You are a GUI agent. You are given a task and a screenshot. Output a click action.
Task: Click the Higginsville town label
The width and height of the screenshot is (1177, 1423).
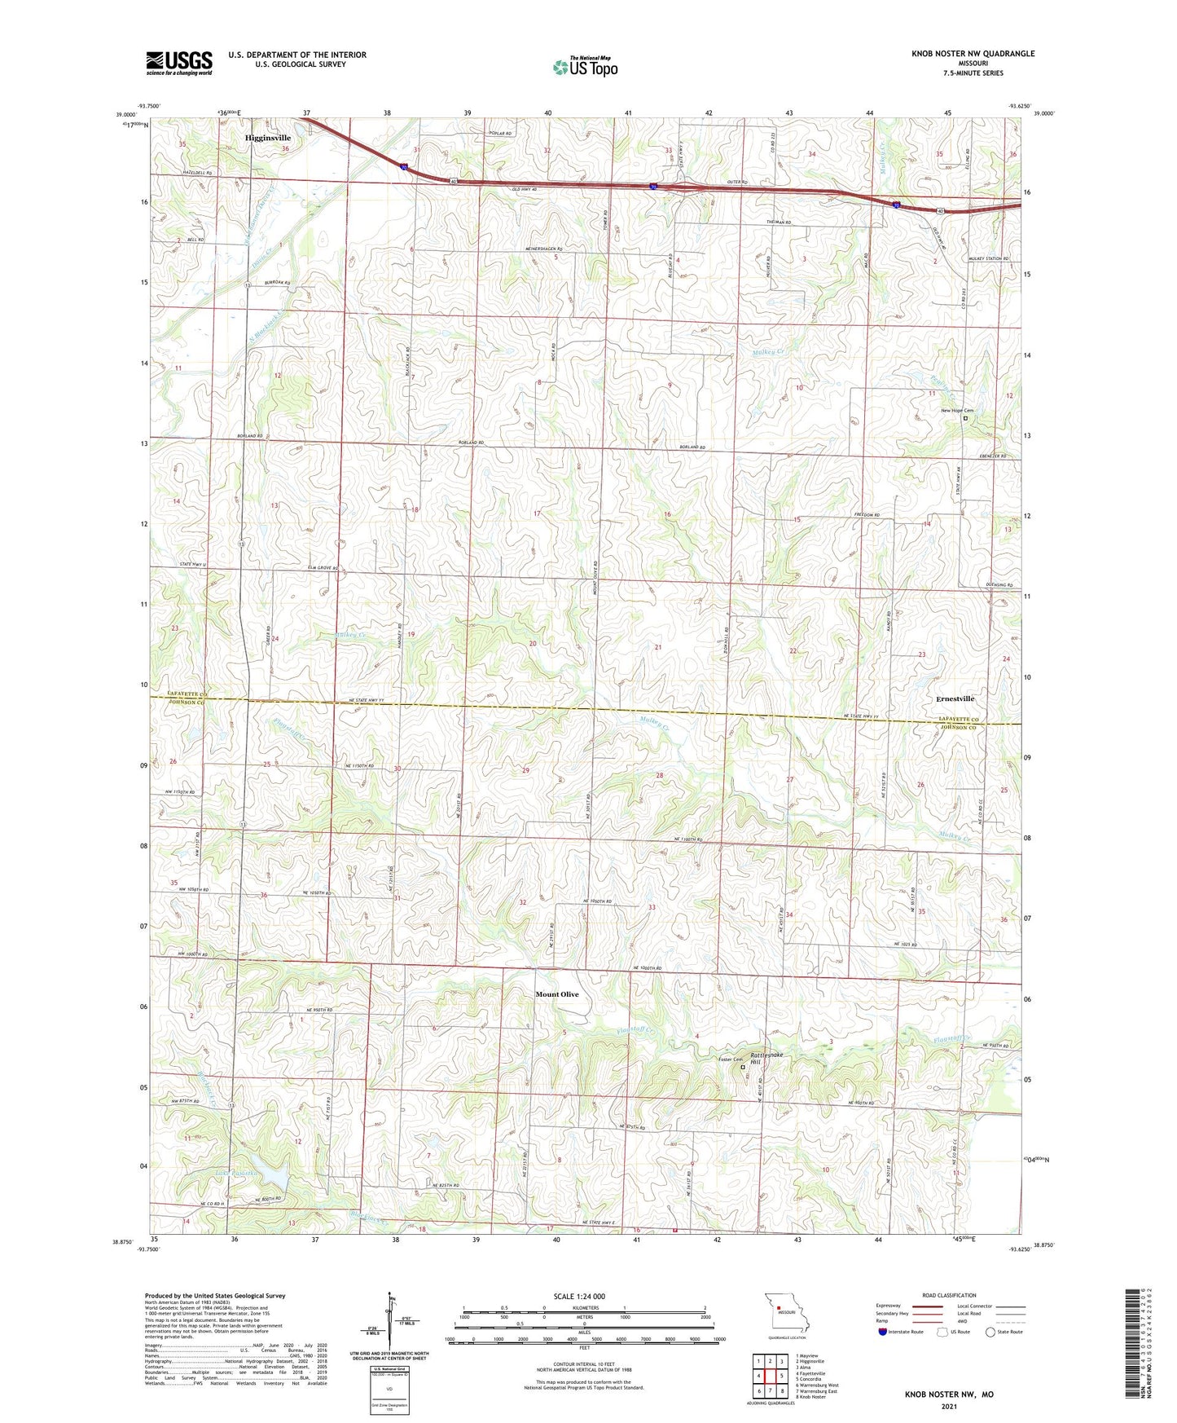pyautogui.click(x=267, y=138)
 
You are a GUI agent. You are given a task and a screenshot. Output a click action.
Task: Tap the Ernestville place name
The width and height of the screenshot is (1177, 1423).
pyautogui.click(x=953, y=698)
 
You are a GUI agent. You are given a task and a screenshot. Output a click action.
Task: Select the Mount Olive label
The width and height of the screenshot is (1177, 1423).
pyautogui.click(x=557, y=994)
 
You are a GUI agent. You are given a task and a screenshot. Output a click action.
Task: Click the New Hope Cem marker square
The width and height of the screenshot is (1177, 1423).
pyautogui.click(x=966, y=418)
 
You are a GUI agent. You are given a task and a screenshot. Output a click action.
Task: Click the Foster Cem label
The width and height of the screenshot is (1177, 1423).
pyautogui.click(x=731, y=1060)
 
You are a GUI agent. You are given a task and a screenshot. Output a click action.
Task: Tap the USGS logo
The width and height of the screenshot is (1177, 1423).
pyautogui.click(x=179, y=63)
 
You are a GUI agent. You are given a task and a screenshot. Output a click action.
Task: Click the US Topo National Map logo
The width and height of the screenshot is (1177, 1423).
pyautogui.click(x=585, y=66)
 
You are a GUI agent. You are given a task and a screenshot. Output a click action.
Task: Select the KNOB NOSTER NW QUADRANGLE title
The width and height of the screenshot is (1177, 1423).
pyautogui.click(x=973, y=54)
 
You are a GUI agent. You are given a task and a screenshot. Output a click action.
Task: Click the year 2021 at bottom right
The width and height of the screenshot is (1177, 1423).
pyautogui.click(x=949, y=1407)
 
